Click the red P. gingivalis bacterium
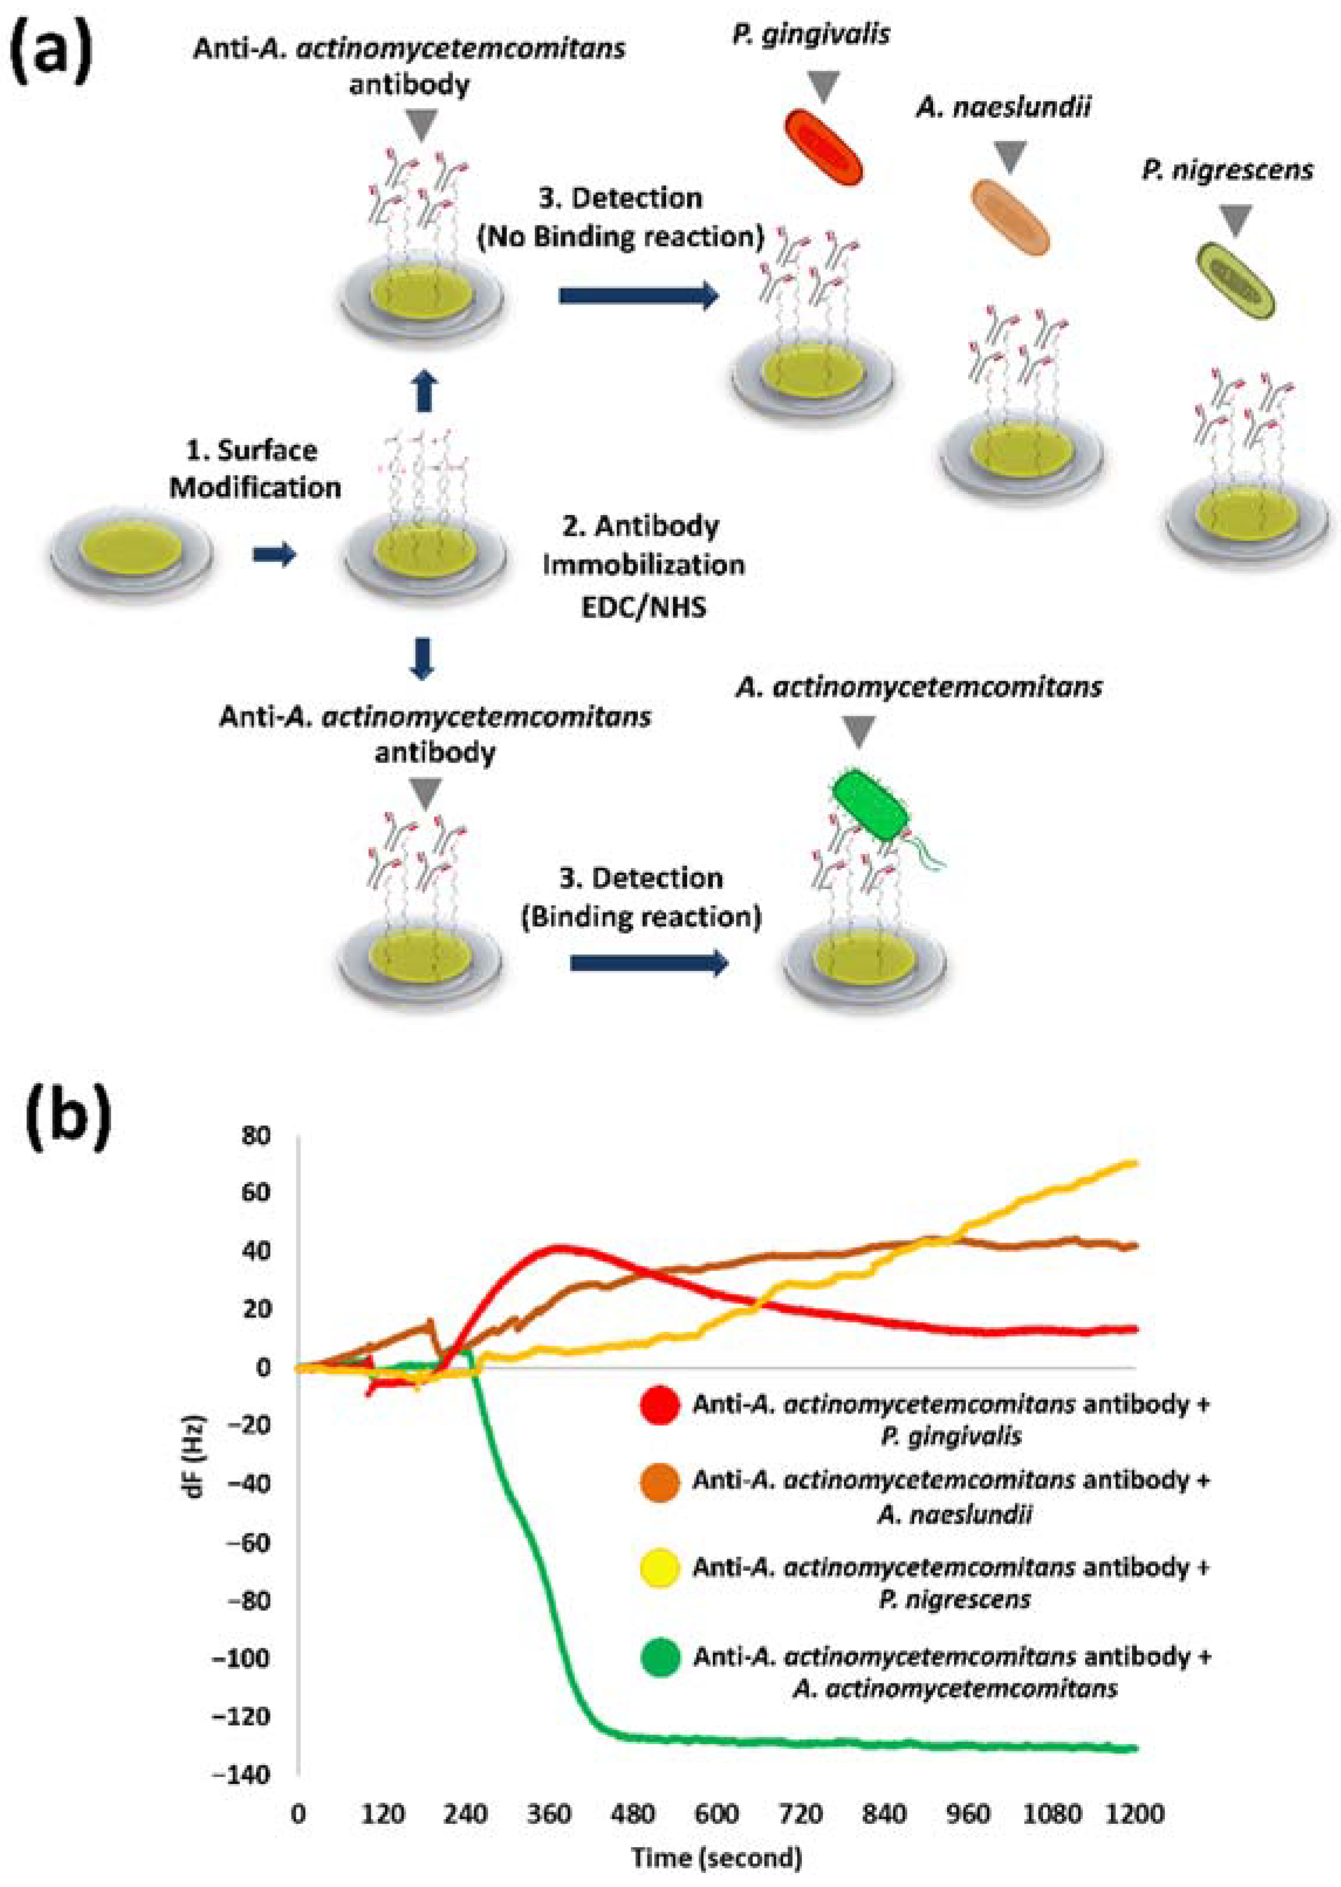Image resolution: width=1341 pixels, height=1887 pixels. (x=822, y=147)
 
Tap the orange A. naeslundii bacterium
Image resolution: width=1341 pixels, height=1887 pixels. (x=1009, y=217)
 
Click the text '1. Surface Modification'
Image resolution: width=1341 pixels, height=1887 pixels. (x=255, y=469)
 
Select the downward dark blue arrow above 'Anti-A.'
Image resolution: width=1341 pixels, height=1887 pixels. (x=423, y=658)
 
